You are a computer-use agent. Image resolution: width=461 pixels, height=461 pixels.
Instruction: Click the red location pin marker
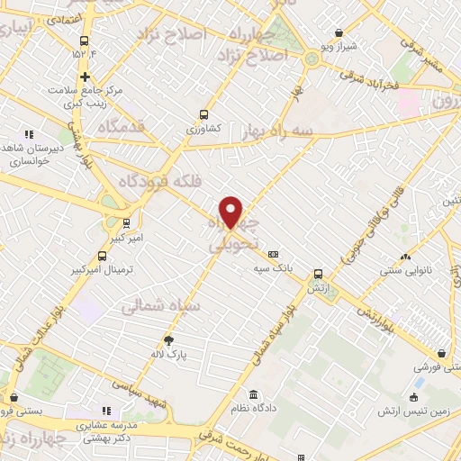231,211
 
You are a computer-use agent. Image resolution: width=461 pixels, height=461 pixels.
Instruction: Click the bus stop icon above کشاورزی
203,114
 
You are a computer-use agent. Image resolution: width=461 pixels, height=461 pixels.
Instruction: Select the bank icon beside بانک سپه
274,254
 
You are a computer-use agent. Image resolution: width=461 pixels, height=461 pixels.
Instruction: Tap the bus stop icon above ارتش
317,274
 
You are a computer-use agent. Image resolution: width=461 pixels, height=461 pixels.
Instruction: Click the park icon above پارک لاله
168,339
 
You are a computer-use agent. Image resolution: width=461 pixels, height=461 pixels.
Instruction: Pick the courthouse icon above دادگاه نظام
255,395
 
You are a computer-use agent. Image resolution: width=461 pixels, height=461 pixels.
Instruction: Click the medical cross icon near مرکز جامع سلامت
85,77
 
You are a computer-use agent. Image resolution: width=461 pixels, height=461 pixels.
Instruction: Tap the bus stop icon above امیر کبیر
125,221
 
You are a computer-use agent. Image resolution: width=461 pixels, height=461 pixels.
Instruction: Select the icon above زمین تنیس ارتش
414,397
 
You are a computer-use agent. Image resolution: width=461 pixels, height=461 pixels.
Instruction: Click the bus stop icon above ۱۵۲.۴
85,41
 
